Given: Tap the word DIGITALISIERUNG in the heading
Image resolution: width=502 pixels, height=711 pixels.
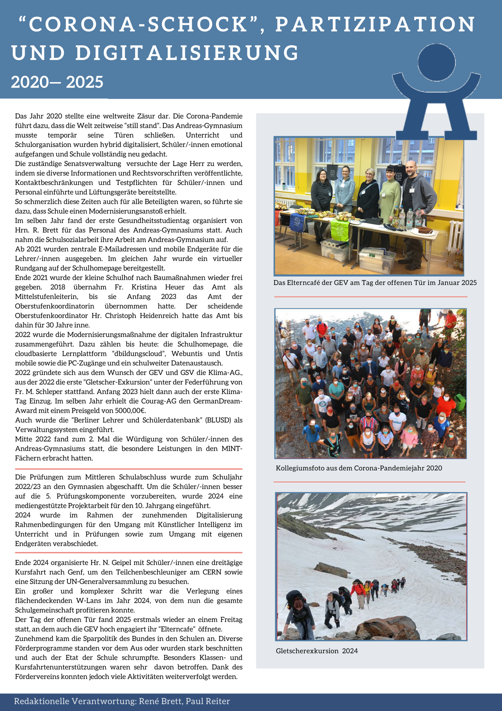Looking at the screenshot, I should click(x=187, y=53).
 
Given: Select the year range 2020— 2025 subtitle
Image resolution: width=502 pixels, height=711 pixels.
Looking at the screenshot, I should click(x=57, y=82).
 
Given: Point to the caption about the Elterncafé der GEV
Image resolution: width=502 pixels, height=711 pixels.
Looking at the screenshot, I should click(x=375, y=282).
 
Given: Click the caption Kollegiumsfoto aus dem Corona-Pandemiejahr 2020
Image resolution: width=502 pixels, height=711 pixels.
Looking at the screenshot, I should click(x=359, y=468).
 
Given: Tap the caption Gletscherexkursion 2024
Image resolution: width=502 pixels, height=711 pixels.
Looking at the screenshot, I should click(x=317, y=651).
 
